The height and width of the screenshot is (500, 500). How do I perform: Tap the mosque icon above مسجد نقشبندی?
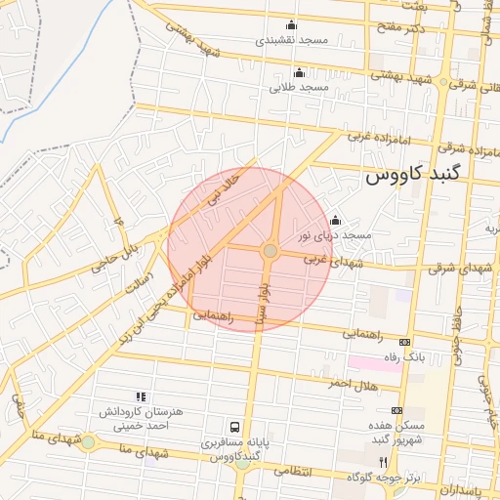(290, 25)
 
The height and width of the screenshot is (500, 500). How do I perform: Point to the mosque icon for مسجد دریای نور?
(336, 220)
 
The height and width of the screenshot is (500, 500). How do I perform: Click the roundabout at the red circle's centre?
(270, 252)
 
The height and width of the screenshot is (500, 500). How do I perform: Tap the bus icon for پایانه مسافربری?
(234, 427)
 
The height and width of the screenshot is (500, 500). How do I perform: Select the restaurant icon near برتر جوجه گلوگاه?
(384, 461)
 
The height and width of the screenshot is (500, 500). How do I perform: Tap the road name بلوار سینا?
(261, 302)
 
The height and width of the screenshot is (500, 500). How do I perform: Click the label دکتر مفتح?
(403, 30)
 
